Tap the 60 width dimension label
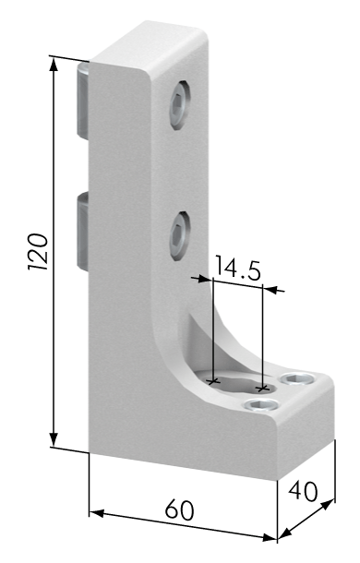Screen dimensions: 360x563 pyautogui.click(x=180, y=509)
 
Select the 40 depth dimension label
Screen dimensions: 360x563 pyautogui.click(x=304, y=492)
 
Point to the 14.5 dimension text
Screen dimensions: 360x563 pyautogui.click(x=237, y=269)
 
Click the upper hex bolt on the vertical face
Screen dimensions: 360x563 pyautogui.click(x=180, y=105)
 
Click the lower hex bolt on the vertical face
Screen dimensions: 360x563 pyautogui.click(x=180, y=236)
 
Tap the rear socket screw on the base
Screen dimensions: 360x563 pyautogui.click(x=297, y=378)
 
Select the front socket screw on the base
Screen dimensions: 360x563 pyautogui.click(x=261, y=405)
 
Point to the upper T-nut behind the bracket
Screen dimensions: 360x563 pyautogui.click(x=83, y=101)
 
